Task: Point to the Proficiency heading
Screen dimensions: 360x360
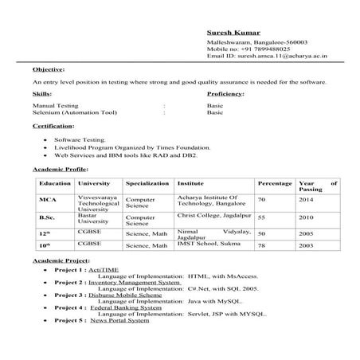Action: point(225,94)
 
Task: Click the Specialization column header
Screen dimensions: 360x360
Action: point(147,183)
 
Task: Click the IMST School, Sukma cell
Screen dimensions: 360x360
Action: point(209,246)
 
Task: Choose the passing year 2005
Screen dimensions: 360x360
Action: point(307,233)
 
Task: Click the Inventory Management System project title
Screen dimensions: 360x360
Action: point(134,283)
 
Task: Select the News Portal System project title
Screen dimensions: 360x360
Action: point(119,320)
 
